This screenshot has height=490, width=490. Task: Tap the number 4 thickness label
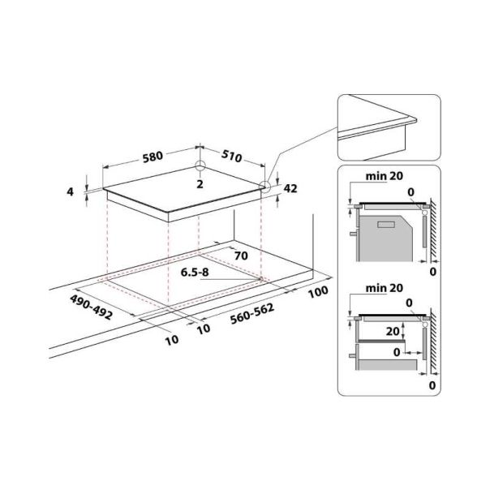tap(71, 191)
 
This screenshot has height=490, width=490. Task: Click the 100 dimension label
tap(317, 290)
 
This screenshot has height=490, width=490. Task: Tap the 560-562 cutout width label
tap(243, 319)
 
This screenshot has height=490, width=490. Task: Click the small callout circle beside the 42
tap(264, 186)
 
